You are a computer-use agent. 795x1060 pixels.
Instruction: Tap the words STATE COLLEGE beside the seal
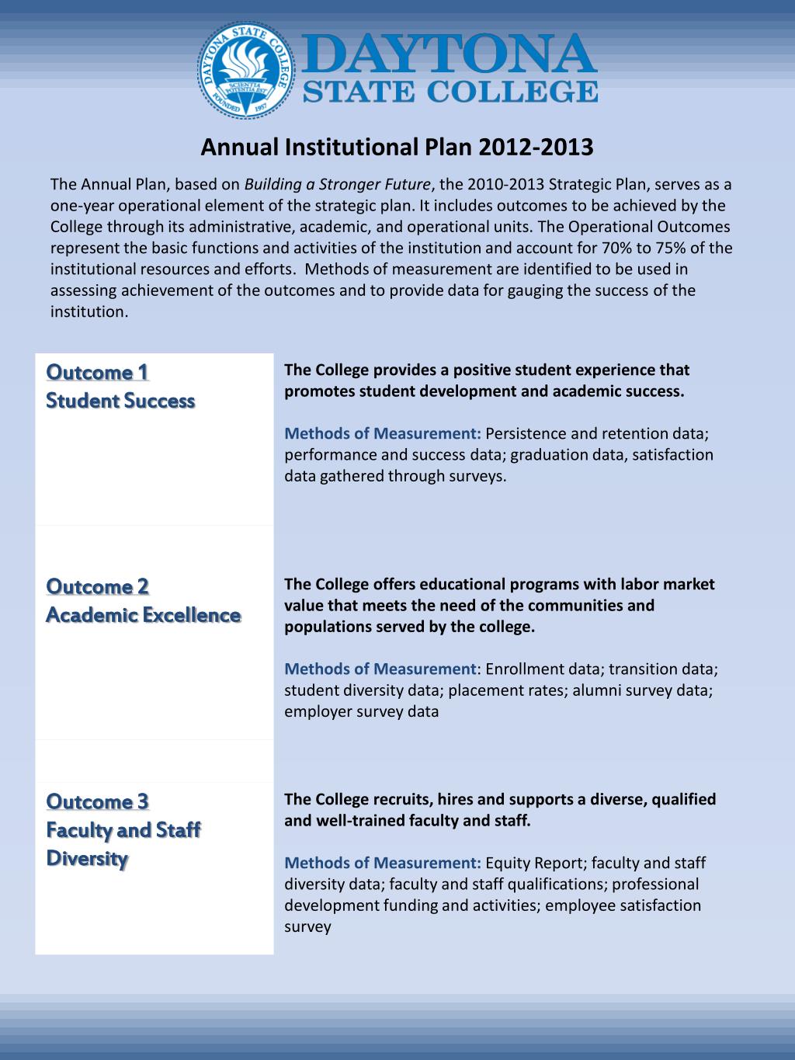pos(450,92)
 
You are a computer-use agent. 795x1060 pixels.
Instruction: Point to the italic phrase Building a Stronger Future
pos(338,185)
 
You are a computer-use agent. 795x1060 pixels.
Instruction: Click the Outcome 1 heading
pos(97,372)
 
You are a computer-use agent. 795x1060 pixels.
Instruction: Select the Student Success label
pos(120,401)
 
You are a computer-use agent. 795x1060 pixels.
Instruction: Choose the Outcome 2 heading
pos(97,586)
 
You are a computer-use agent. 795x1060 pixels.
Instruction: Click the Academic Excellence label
pos(143,615)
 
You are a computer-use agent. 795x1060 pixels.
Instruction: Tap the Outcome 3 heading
pos(97,801)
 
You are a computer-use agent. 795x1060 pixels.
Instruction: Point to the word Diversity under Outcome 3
pos(87,859)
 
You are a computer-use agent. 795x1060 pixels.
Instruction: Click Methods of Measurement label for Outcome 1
pos(383,433)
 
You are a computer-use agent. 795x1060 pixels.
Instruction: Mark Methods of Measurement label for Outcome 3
pos(383,863)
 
